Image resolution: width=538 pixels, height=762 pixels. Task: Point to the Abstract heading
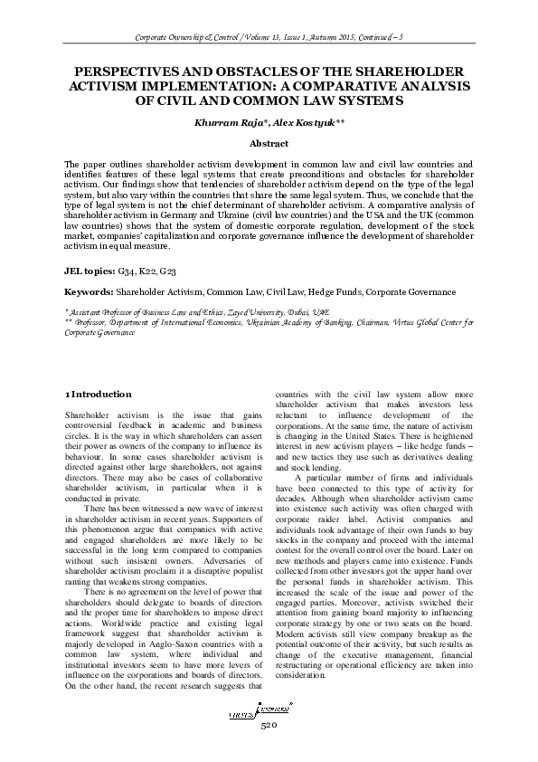point(268,143)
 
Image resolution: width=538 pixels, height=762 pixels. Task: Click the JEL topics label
point(88,271)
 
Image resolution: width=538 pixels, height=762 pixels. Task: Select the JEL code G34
point(129,271)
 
